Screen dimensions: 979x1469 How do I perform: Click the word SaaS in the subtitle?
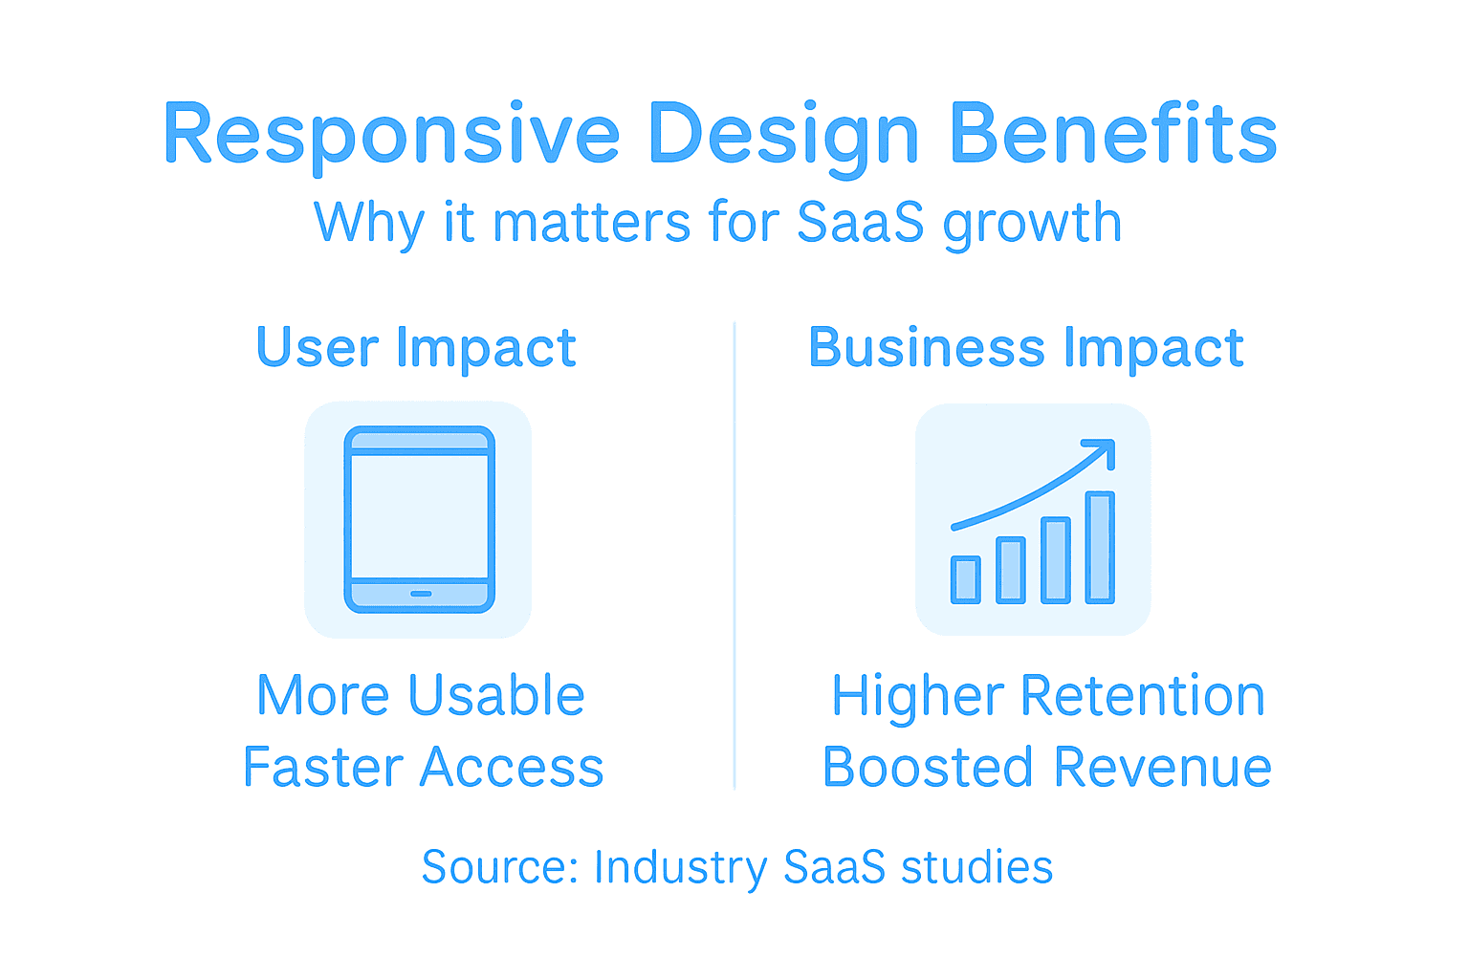pyautogui.click(x=860, y=223)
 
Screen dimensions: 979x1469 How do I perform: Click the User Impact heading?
pyautogui.click(x=416, y=347)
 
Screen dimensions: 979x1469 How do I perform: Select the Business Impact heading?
pyautogui.click(x=1025, y=347)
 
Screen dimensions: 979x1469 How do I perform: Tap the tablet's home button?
pyautogui.click(x=421, y=594)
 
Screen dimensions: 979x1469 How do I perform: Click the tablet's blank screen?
pyautogui.click(x=420, y=515)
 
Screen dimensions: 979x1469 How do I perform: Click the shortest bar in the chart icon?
pyautogui.click(x=966, y=579)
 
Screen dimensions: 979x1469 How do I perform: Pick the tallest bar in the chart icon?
pyautogui.click(x=1100, y=547)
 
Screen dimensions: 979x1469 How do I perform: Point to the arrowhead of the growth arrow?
pyautogui.click(x=1105, y=448)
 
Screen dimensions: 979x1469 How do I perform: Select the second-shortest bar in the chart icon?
pyautogui.click(x=1011, y=570)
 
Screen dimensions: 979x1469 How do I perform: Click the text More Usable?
pyautogui.click(x=421, y=695)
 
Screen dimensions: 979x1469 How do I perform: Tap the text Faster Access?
pyautogui.click(x=423, y=768)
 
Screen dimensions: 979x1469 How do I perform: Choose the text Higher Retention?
pyautogui.click(x=1047, y=695)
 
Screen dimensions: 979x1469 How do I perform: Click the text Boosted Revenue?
pyautogui.click(x=1047, y=768)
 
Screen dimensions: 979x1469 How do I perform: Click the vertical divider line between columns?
pyautogui.click(x=734, y=555)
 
